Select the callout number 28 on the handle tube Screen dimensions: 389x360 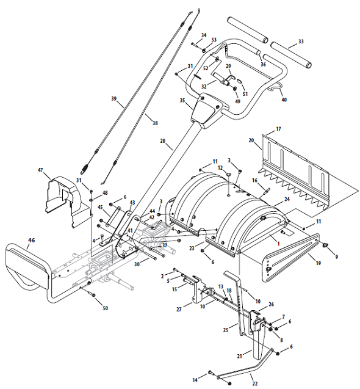click(x=162, y=142)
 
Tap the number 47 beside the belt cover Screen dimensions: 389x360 click(x=40, y=170)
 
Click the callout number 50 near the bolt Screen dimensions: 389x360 click(x=106, y=308)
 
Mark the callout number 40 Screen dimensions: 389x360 click(x=284, y=100)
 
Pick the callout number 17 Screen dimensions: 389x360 click(x=278, y=129)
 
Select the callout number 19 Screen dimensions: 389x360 click(x=317, y=262)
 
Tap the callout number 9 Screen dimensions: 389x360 click(x=336, y=256)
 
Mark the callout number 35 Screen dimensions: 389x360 click(x=182, y=100)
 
